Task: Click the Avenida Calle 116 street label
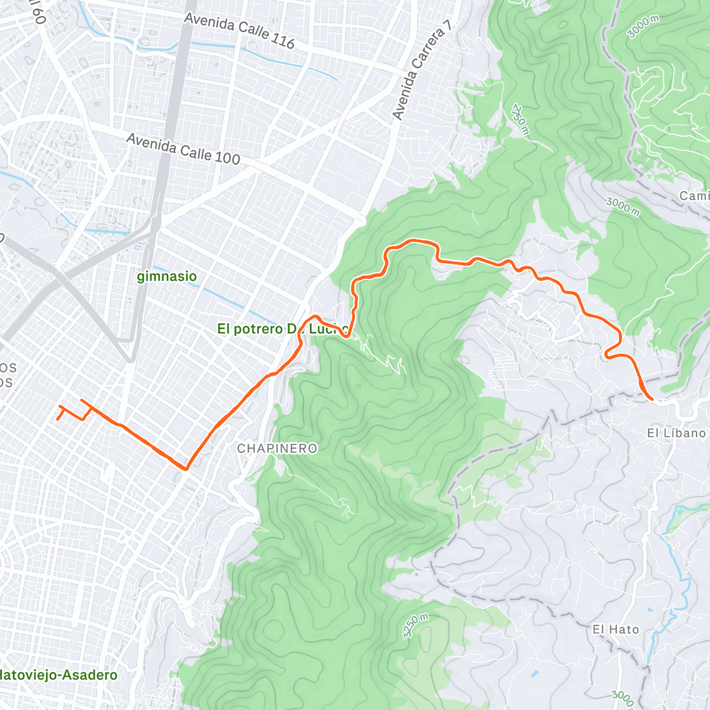click(239, 30)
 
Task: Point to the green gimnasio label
click(167, 276)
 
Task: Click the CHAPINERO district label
click(277, 448)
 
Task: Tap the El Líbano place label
click(676, 433)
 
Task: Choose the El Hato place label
click(616, 630)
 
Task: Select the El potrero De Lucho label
click(281, 329)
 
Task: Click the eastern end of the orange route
click(651, 399)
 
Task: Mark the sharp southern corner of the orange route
click(186, 469)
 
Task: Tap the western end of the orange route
click(57, 419)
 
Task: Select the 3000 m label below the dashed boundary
click(623, 207)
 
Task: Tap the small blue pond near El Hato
click(535, 674)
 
